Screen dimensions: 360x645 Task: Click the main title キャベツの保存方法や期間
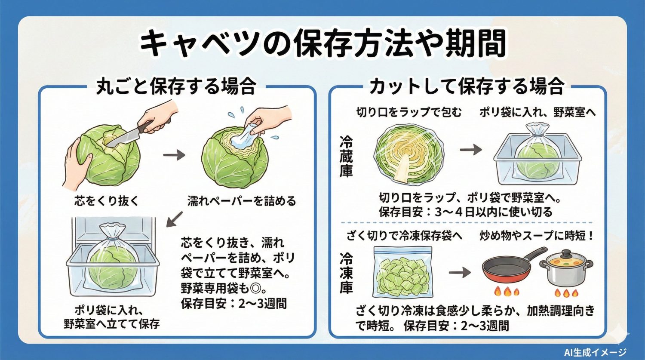click(x=322, y=44)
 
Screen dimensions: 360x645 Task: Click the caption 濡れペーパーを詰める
click(x=242, y=201)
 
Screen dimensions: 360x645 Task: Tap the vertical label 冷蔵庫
click(x=346, y=157)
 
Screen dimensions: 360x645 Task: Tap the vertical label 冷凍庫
click(x=346, y=273)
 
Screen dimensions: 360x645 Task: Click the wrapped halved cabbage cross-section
click(x=408, y=153)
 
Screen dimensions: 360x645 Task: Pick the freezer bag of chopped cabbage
click(x=402, y=272)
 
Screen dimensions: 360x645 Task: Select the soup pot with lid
click(x=566, y=269)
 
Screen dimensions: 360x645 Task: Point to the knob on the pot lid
click(x=566, y=252)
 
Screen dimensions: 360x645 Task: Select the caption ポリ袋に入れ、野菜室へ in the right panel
click(x=537, y=112)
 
